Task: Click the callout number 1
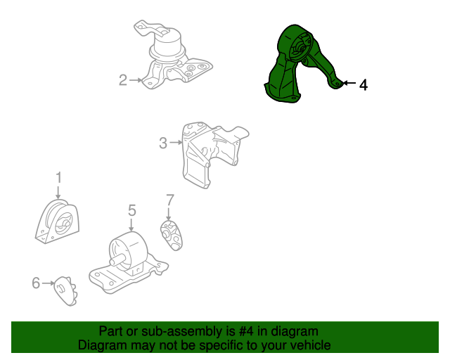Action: pyautogui.click(x=58, y=177)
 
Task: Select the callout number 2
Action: pyautogui.click(x=123, y=80)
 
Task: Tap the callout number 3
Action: pyautogui.click(x=163, y=143)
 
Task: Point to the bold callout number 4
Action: pyautogui.click(x=364, y=85)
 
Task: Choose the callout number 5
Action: pyautogui.click(x=131, y=210)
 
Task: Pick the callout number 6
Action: pyautogui.click(x=36, y=283)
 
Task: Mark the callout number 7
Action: pyautogui.click(x=170, y=200)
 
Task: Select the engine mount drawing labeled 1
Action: pyautogui.click(x=58, y=221)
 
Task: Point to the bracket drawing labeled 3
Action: pyautogui.click(x=212, y=153)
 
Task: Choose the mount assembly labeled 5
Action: pyautogui.click(x=128, y=263)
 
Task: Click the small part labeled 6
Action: pyautogui.click(x=65, y=291)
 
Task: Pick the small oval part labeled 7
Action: pyautogui.click(x=172, y=236)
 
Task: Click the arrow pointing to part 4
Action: pyautogui.click(x=349, y=83)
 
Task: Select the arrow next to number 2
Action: pyautogui.click(x=136, y=80)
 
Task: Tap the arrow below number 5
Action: pyautogui.click(x=131, y=225)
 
